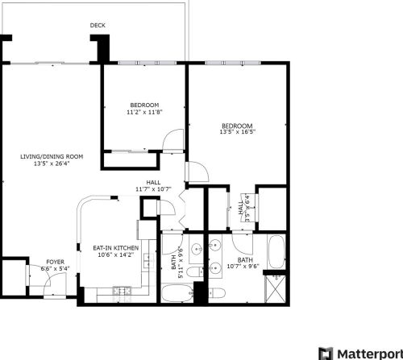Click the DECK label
[x=98, y=26]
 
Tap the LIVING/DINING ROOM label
[x=53, y=155]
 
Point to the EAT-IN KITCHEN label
[x=115, y=248]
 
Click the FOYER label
[x=55, y=262]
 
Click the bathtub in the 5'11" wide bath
[x=177, y=292]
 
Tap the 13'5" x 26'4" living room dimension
[x=53, y=163]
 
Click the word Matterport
[x=368, y=353]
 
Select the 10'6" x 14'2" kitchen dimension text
[x=115, y=255]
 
